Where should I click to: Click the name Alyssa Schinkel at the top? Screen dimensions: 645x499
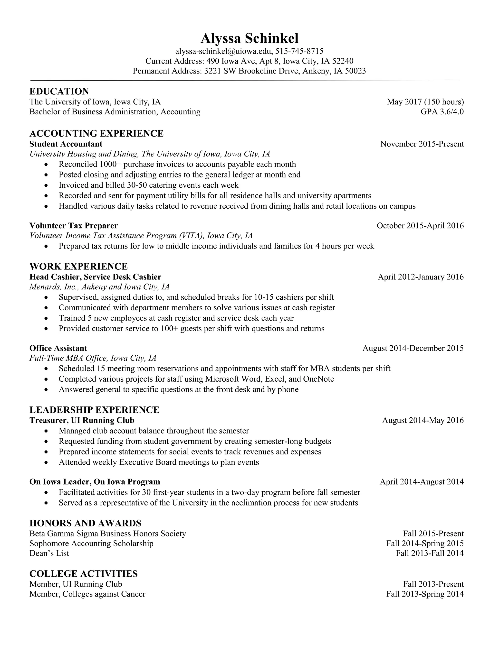pyautogui.click(x=249, y=38)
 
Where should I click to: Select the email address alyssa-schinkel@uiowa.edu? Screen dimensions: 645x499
pyautogui.click(x=223, y=51)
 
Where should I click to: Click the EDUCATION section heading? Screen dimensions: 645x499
pyautogui.click(x=59, y=91)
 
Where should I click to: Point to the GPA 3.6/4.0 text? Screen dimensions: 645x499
pyautogui.click(x=442, y=112)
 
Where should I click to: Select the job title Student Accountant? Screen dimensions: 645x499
pyautogui.click(x=66, y=144)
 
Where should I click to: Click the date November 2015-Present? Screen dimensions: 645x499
pyautogui.click(x=422, y=144)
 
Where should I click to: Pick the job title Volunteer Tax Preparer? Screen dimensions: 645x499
pyautogui.click(x=74, y=226)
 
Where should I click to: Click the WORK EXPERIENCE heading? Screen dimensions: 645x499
pyautogui.click(x=79, y=266)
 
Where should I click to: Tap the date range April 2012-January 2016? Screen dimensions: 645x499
pyautogui.click(x=421, y=277)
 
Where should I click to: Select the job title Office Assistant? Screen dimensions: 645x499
pyautogui.click(x=58, y=348)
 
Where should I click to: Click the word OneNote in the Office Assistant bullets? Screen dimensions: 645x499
pyautogui.click(x=318, y=379)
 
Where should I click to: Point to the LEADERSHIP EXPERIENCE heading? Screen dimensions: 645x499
pyautogui.click(x=94, y=410)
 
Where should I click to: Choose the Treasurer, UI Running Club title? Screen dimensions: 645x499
pyautogui.click(x=82, y=420)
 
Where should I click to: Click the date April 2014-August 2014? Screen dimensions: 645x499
pyautogui.click(x=422, y=482)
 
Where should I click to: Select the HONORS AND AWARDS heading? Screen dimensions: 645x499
pyautogui.click(x=86, y=523)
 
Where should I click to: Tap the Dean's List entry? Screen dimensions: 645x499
pyautogui.click(x=49, y=553)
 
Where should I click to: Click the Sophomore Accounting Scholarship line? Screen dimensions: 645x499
pyautogui.click(x=91, y=544)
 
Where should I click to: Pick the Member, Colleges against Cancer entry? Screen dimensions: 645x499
pyautogui.click(x=87, y=594)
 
